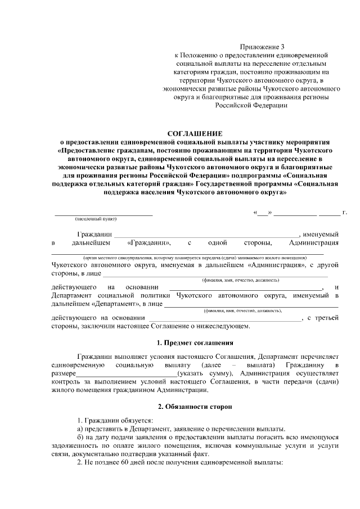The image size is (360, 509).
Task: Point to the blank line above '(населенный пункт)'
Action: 103,214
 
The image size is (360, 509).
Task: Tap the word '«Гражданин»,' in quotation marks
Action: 149,244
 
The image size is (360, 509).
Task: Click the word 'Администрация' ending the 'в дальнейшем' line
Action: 313,244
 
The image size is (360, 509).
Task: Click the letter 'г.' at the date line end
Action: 344,213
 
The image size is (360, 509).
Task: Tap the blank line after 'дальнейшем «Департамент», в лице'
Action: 250,306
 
